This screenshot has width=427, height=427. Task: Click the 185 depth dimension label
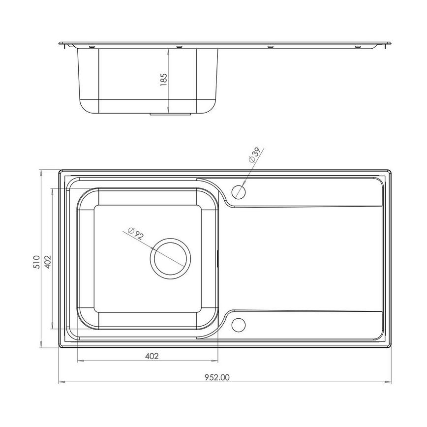coord(164,79)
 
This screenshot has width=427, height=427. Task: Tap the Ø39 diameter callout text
coord(257,155)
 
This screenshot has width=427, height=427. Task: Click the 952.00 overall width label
coord(217,377)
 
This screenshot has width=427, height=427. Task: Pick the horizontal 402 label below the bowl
coord(152,356)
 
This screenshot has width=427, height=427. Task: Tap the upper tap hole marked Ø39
coord(239,191)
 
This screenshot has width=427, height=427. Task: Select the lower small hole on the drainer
coord(239,325)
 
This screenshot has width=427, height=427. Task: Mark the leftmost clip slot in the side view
coord(91,47)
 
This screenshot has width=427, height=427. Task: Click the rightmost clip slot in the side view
coord(358,47)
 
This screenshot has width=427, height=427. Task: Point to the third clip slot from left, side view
coord(270,47)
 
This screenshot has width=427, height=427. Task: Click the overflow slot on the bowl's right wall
coord(217,257)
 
